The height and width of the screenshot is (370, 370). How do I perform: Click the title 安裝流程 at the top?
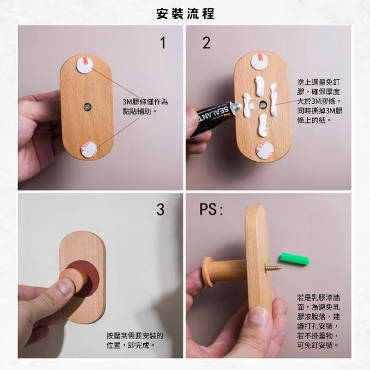tap(185, 13)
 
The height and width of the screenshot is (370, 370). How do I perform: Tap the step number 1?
tap(162, 43)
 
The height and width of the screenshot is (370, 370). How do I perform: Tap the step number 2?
tap(206, 43)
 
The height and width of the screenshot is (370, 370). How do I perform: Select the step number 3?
tap(161, 209)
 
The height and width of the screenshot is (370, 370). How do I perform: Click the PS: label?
tap(211, 210)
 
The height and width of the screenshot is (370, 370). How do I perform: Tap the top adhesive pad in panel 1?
tap(85, 63)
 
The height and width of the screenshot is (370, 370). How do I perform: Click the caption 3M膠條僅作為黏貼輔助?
tap(145, 106)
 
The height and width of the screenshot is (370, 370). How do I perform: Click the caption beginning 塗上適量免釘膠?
tap(319, 101)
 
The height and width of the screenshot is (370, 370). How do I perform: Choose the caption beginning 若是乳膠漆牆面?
tap(319, 320)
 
